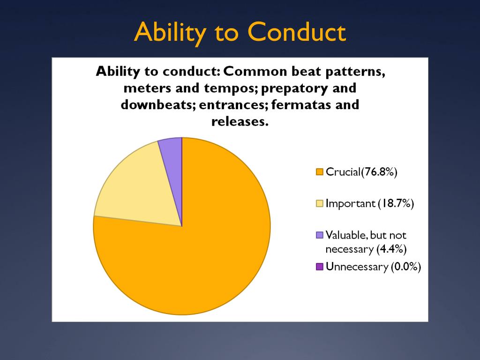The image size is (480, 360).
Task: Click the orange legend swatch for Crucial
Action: tap(319, 172)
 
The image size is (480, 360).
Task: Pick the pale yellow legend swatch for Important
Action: tap(319, 203)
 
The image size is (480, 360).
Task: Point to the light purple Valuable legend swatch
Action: tap(319, 235)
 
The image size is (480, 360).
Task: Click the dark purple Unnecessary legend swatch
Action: tap(319, 267)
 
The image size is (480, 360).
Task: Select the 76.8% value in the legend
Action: tap(379, 172)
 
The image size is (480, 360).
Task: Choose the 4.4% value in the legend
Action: tap(391, 249)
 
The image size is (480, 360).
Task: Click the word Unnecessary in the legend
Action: tap(357, 267)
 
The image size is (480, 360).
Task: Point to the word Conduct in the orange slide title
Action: tap(297, 32)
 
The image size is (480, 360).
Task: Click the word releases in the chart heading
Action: tap(240, 121)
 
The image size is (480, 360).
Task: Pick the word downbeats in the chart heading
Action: tap(158, 105)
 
